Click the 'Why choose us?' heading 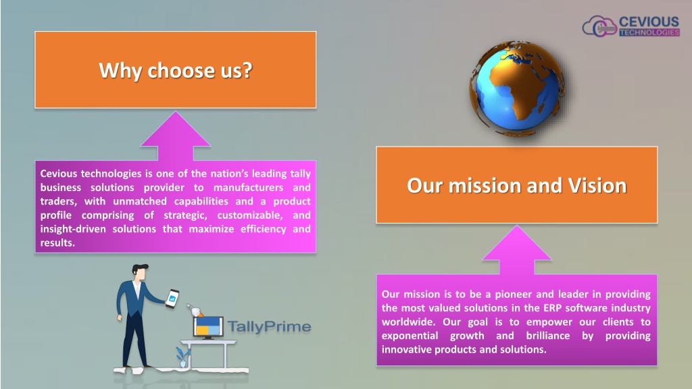click(x=176, y=70)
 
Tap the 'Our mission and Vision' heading click(x=517, y=185)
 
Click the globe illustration click(x=517, y=88)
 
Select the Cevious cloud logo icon click(x=599, y=26)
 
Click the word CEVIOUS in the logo click(x=649, y=22)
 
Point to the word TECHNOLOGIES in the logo click(x=649, y=32)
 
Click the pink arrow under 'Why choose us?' click(x=176, y=136)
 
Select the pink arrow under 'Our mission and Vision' click(x=517, y=250)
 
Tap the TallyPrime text click(x=269, y=326)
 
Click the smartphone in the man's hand click(x=172, y=298)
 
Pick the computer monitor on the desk click(x=208, y=327)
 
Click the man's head click(x=139, y=271)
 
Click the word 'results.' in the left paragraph click(x=57, y=242)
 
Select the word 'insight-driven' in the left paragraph click(x=73, y=229)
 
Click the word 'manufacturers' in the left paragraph click(x=249, y=188)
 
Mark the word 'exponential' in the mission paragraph click(x=410, y=336)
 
